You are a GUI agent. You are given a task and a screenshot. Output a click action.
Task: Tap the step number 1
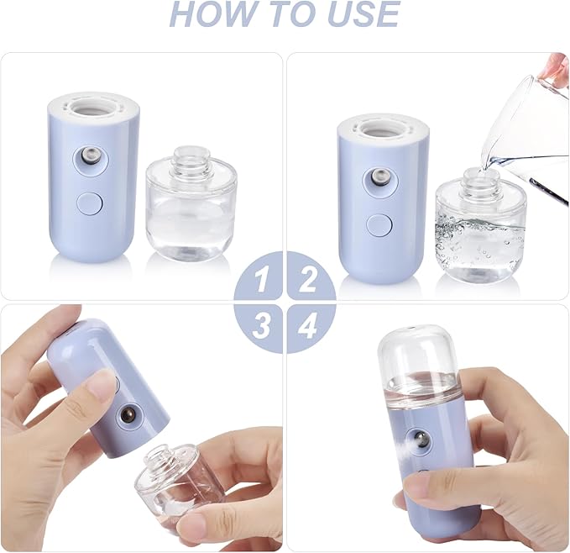(263, 278)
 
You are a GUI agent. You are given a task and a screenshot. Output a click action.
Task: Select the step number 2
(308, 278)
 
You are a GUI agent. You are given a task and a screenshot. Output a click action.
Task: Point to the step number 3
(263, 325)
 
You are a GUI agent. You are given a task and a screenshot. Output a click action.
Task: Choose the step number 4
(308, 325)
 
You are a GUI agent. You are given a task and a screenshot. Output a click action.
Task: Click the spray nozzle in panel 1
(86, 156)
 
